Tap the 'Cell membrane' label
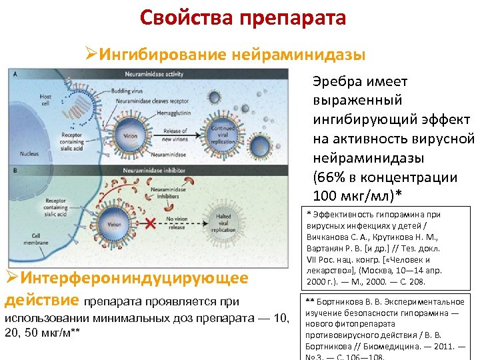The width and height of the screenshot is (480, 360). point(31,238)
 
